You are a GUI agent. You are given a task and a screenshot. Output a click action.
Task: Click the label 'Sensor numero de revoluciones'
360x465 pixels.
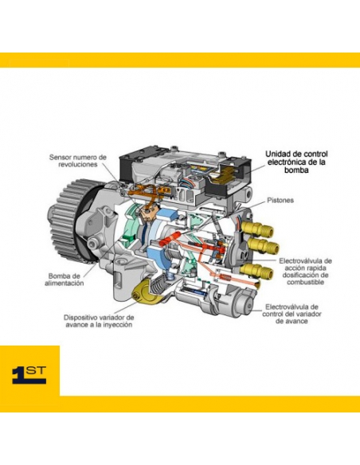(78, 160)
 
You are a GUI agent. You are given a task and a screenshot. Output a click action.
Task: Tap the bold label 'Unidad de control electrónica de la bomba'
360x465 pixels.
(296, 162)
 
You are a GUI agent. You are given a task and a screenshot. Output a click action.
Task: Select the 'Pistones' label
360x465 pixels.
(280, 200)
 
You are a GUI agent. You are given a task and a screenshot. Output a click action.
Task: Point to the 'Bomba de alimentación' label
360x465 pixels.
(65, 279)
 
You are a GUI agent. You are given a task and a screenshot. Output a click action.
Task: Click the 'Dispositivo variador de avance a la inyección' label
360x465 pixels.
(99, 321)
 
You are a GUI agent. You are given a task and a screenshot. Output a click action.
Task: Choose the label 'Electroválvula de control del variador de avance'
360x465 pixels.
(292, 314)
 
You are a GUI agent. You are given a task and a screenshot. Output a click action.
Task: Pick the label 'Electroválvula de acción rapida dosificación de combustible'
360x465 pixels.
(305, 272)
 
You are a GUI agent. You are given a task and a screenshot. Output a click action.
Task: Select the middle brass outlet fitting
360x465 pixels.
(263, 245)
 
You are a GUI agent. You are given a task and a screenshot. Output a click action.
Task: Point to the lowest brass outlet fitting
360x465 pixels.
(257, 271)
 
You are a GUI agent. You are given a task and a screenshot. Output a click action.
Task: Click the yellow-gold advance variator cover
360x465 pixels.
(145, 293)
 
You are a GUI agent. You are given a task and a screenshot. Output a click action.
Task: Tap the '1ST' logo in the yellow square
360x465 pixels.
(29, 375)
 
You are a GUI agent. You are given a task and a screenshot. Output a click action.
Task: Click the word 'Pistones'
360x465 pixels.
(280, 200)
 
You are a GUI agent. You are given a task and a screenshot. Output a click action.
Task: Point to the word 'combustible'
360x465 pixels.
(305, 282)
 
